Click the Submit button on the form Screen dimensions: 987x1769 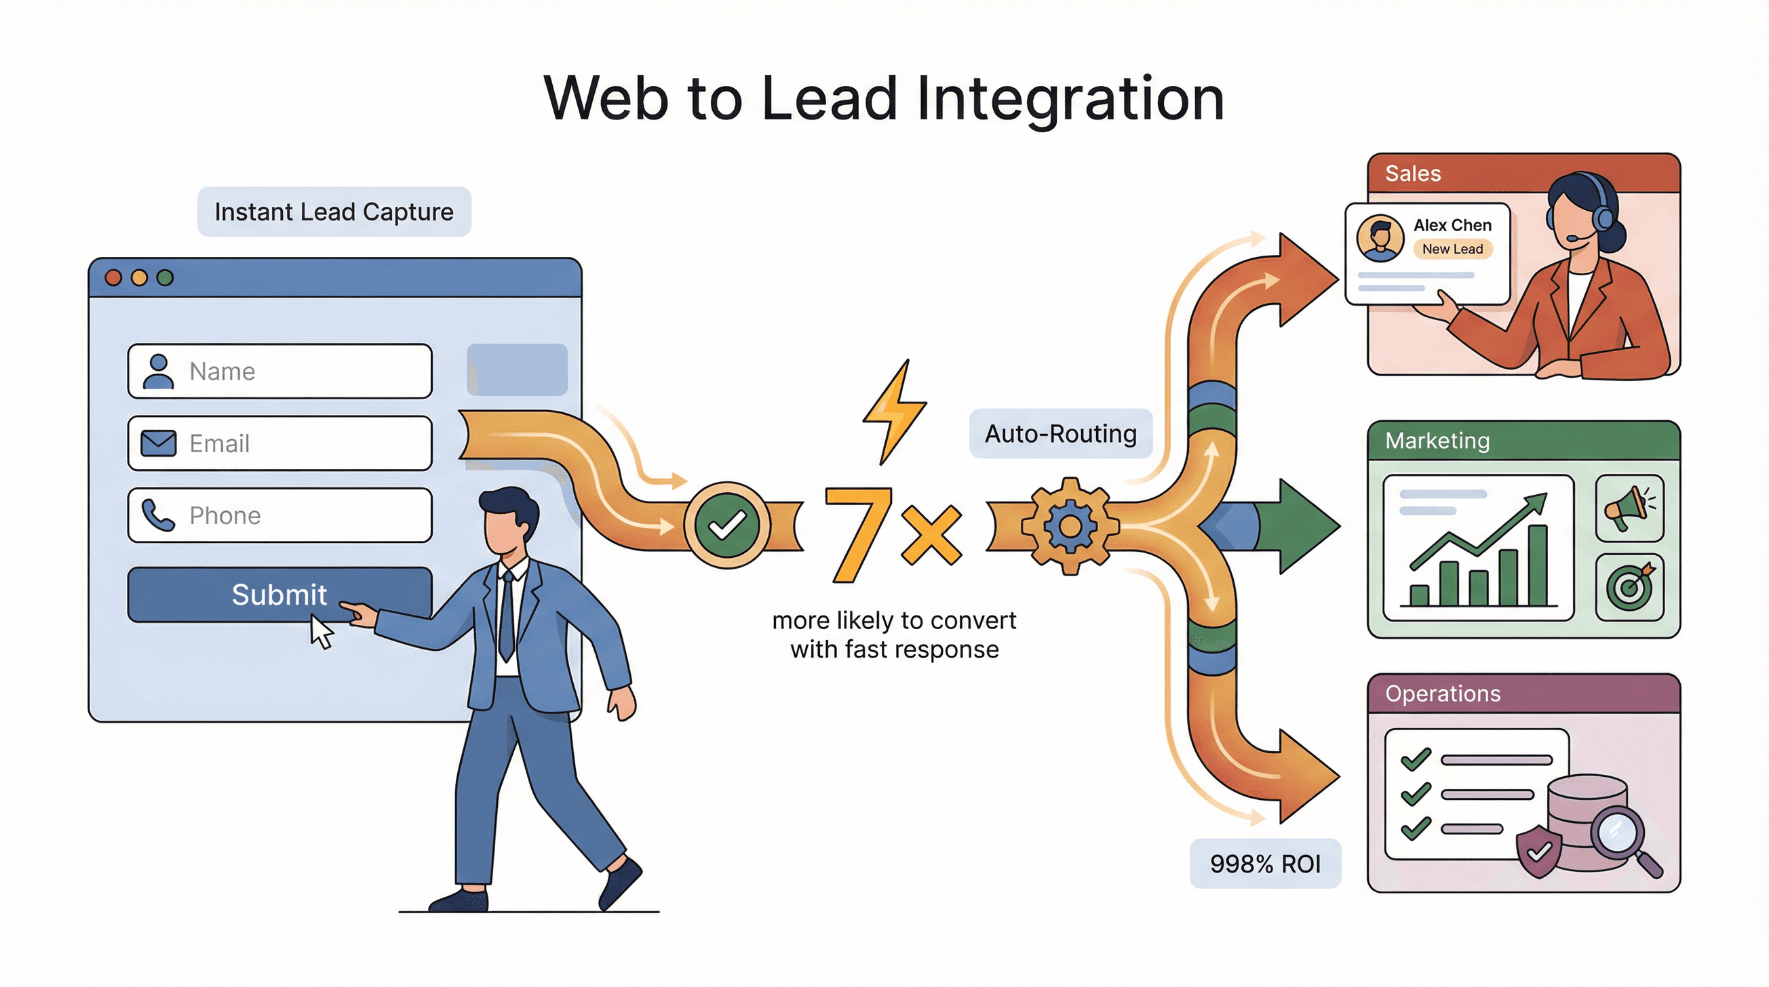coord(279,595)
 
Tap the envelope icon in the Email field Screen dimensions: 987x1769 coord(159,443)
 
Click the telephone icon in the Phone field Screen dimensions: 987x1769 coord(158,515)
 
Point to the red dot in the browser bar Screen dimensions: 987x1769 coord(113,277)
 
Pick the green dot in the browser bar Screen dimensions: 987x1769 coord(165,277)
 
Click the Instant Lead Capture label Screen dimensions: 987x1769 coord(334,211)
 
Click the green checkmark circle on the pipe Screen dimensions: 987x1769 coord(726,526)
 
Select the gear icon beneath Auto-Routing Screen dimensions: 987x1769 coord(1069,526)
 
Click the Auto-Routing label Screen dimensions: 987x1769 coord(1060,433)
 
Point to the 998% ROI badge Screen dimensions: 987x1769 coord(1265,864)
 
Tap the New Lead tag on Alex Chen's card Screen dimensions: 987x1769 coord(1452,249)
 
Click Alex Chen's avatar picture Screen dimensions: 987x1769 coord(1380,238)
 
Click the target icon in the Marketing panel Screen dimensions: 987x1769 coord(1629,587)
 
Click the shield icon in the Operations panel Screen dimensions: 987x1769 coord(1538,853)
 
